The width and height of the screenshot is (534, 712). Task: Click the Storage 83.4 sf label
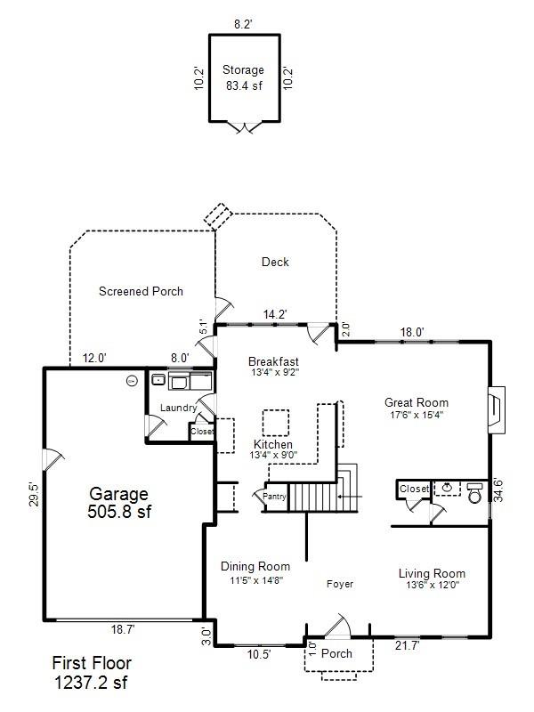click(244, 78)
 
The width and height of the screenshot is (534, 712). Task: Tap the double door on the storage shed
click(243, 128)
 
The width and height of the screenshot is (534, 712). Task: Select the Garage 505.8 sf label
click(117, 503)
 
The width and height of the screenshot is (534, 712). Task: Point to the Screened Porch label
click(141, 291)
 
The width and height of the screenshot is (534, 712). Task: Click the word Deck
click(275, 262)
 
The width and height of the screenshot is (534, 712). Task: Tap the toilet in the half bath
click(473, 492)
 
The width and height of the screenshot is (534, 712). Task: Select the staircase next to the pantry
click(318, 495)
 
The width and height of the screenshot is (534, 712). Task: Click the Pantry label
click(273, 497)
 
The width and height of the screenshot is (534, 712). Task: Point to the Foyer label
click(339, 584)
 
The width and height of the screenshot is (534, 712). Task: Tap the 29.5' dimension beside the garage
click(34, 495)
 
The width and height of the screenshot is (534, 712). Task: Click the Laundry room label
click(178, 408)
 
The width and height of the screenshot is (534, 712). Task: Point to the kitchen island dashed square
click(276, 421)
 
